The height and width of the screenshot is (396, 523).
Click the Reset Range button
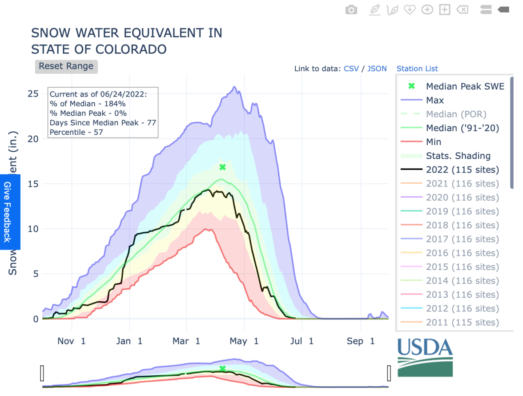click(x=66, y=66)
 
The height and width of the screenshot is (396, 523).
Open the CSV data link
click(x=351, y=69)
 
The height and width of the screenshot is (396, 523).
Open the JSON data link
click(x=377, y=69)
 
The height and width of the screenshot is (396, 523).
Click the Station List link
click(x=417, y=69)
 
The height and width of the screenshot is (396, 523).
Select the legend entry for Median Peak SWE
click(x=465, y=86)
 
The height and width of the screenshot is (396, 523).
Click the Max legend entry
click(x=435, y=100)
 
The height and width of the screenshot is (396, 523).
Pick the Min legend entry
click(x=434, y=142)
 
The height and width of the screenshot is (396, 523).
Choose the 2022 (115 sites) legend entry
click(x=462, y=170)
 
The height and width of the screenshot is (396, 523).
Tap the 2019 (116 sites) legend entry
click(x=462, y=211)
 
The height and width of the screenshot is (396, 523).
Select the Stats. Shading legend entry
click(x=458, y=156)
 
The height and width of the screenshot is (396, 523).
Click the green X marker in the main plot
click(x=223, y=167)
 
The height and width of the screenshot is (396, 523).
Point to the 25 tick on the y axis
click(x=33, y=94)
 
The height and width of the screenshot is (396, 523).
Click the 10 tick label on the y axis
click(x=33, y=229)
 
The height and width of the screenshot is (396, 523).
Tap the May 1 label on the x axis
click(x=244, y=341)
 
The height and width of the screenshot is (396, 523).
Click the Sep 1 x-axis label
click(x=361, y=341)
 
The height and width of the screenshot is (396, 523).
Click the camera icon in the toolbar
click(x=351, y=10)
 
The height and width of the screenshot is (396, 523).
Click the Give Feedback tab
click(x=7, y=212)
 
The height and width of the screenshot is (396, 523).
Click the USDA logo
click(x=425, y=357)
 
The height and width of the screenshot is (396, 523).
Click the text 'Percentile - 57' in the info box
click(x=76, y=132)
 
